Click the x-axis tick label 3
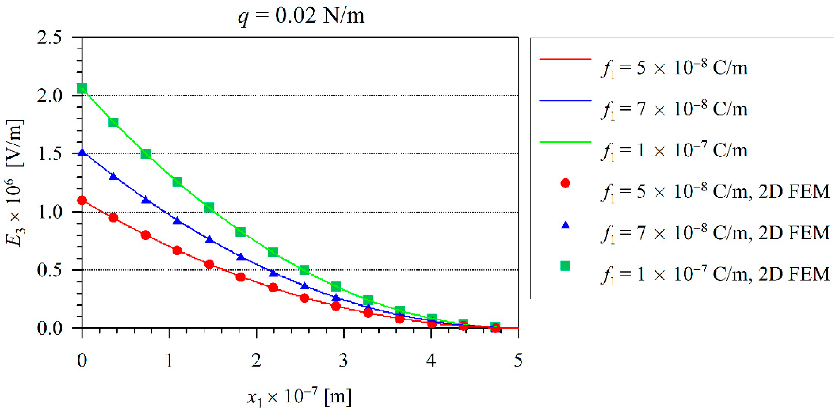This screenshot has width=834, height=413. tap(344, 360)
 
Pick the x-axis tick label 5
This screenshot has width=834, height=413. tap(518, 360)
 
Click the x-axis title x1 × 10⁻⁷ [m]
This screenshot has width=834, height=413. tap(299, 397)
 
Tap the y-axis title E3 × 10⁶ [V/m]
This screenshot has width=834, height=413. tap(15, 183)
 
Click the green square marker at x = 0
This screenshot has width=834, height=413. tap(82, 88)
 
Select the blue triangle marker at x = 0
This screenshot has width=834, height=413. tap(82, 152)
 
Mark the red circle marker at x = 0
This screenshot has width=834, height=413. tap(82, 200)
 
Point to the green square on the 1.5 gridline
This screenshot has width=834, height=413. tap(146, 153)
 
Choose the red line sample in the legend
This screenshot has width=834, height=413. tap(565, 59)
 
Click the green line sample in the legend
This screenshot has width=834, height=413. tap(565, 142)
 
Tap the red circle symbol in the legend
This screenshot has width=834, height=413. tap(565, 183)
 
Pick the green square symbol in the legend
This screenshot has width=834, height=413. tap(565, 266)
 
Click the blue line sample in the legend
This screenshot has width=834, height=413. tap(565, 101)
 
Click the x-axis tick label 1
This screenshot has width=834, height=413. tap(169, 360)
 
